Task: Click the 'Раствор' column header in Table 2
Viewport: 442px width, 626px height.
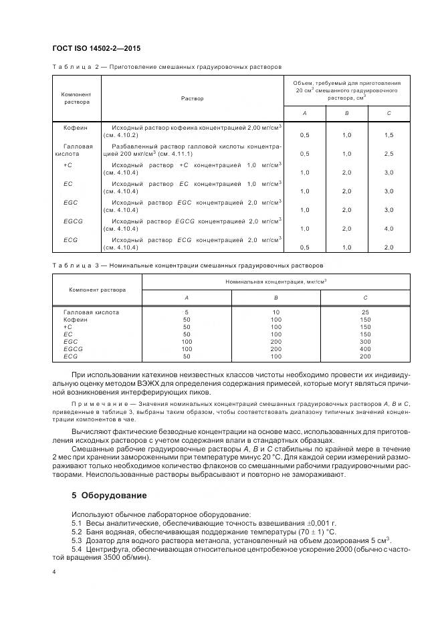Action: [x=192, y=98]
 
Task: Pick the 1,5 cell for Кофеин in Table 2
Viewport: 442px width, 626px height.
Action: [x=389, y=134]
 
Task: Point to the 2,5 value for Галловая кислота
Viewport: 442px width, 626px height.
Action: [x=389, y=153]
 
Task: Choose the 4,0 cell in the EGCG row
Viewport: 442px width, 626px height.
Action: [x=389, y=229]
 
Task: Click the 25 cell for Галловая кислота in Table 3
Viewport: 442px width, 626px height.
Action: [x=365, y=312]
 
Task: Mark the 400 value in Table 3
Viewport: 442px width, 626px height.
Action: [x=365, y=348]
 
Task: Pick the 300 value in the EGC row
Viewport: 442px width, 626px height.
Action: [x=365, y=341]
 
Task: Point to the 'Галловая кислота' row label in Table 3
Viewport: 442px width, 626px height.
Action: [x=92, y=312]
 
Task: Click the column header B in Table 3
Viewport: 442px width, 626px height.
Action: [x=275, y=297]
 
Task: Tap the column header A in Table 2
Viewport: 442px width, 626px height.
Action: [x=304, y=113]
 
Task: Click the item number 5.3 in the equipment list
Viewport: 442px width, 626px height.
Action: [x=76, y=539]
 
